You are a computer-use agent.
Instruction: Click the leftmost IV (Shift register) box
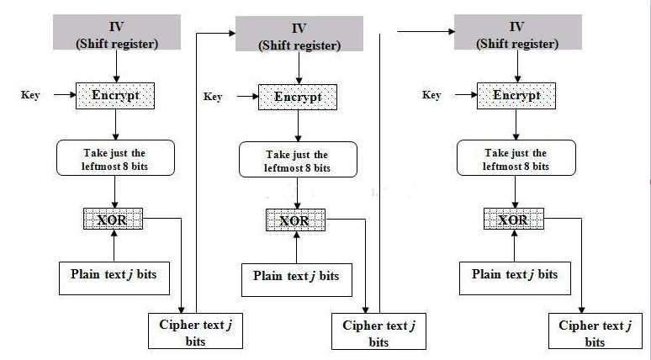click(115, 32)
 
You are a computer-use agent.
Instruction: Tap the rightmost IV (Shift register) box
click(516, 32)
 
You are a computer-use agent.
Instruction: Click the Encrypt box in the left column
click(115, 95)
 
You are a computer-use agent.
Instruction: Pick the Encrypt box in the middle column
click(298, 97)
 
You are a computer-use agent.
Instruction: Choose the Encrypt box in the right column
click(516, 95)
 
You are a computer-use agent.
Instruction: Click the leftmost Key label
click(30, 95)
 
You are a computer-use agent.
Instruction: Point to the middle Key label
click(213, 98)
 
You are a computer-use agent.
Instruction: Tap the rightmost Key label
click(431, 95)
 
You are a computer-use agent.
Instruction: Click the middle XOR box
click(294, 221)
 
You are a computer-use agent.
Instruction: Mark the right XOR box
click(512, 220)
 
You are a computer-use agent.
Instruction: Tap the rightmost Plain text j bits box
click(514, 274)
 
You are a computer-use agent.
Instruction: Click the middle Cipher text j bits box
click(378, 333)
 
